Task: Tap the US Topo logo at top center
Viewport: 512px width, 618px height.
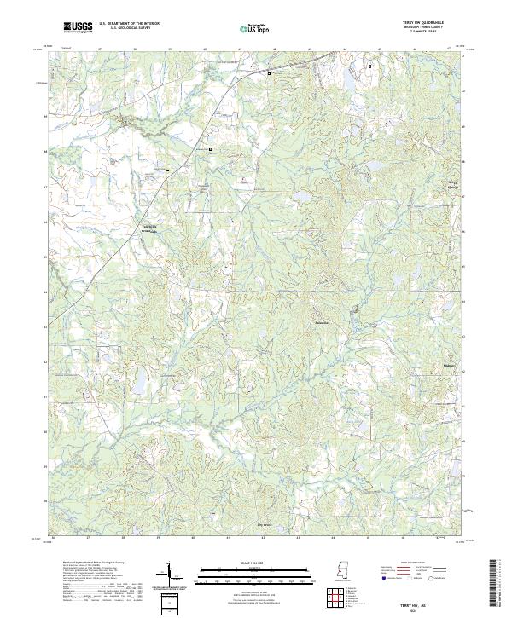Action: pos(254,29)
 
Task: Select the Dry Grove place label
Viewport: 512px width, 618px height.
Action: pos(268,525)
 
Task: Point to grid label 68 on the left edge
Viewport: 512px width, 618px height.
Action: pos(45,151)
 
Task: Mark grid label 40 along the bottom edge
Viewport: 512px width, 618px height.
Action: pos(193,539)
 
